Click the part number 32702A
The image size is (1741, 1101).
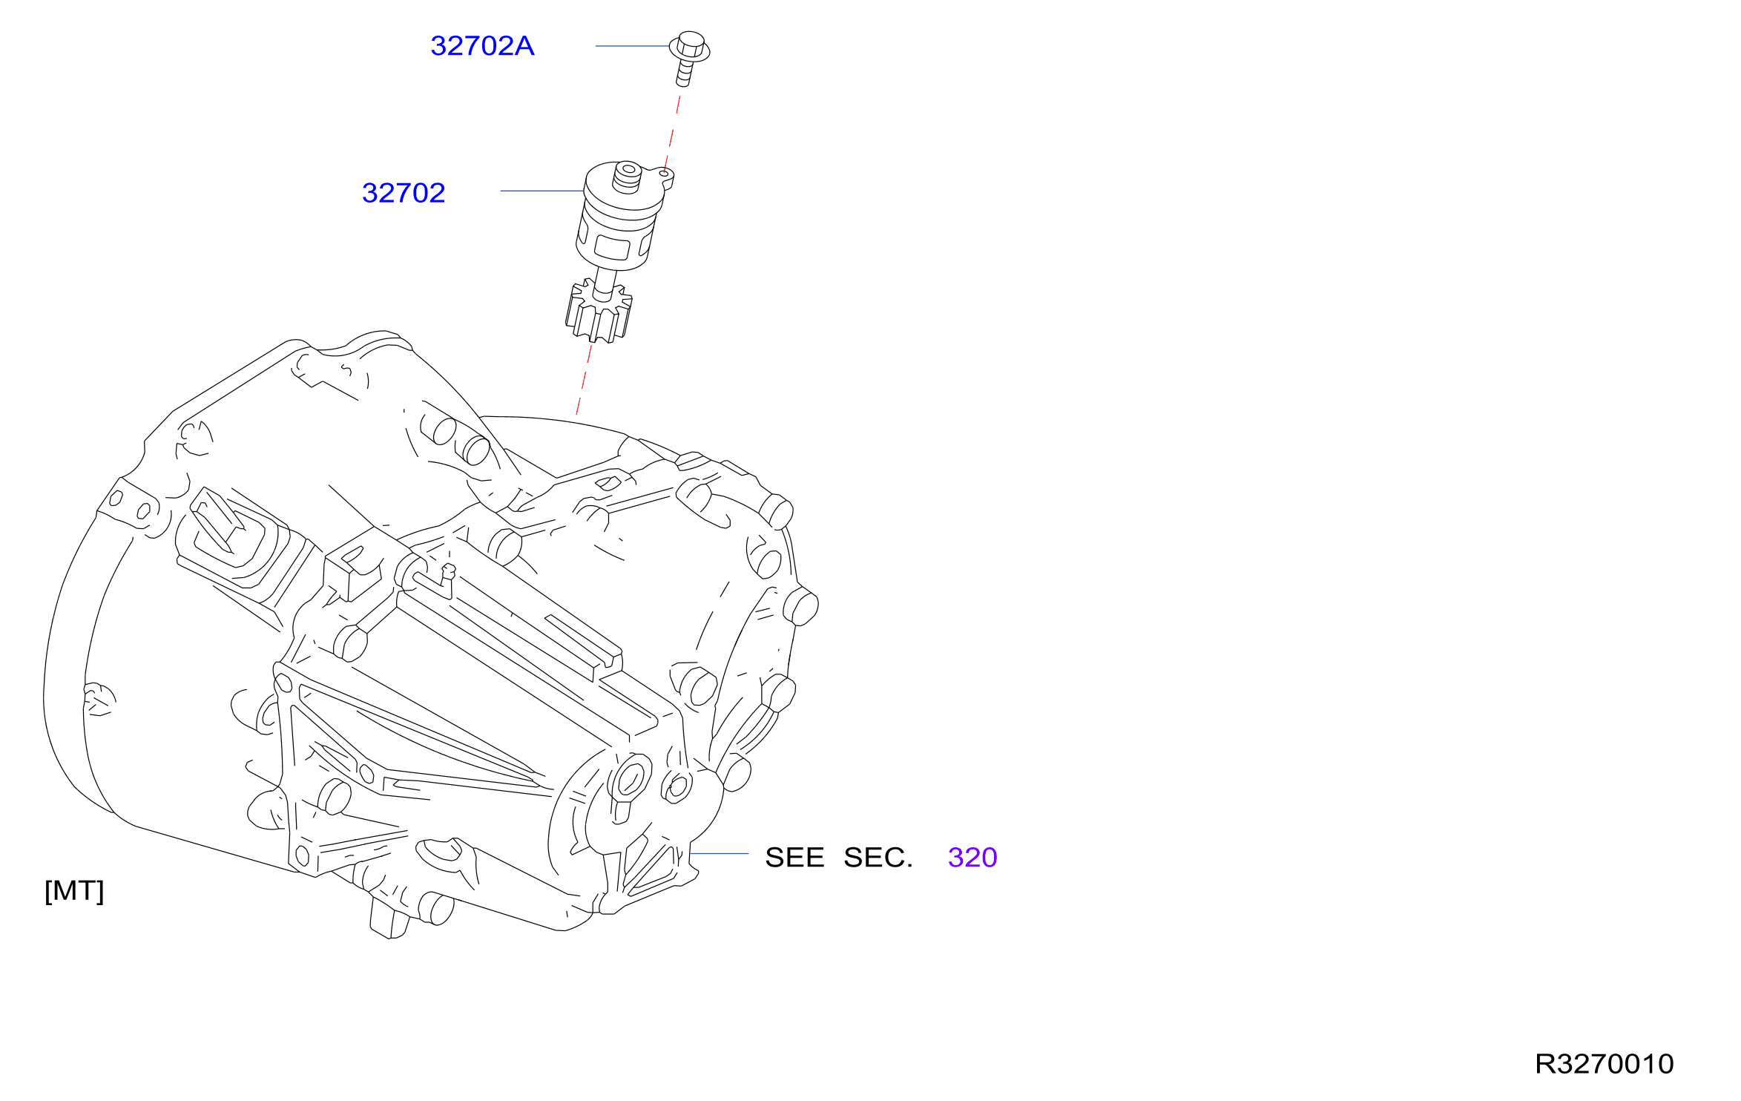coord(482,46)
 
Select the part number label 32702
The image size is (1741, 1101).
coord(404,193)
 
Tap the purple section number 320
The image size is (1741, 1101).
coord(972,858)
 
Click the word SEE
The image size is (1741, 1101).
coord(794,858)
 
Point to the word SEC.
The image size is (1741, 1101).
coord(878,858)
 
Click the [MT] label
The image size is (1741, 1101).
coord(74,891)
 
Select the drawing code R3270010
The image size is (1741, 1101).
coord(1605,1064)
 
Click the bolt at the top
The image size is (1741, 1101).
coord(689,58)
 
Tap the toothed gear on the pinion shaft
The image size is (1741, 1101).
coord(599,312)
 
